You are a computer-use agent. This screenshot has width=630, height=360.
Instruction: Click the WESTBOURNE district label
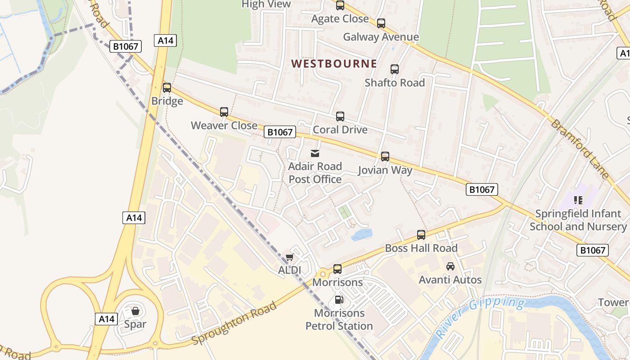tap(334, 63)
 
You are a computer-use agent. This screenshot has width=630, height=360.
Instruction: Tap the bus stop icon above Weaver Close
tap(224, 112)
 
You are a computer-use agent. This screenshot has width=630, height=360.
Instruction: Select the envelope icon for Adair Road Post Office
tap(315, 153)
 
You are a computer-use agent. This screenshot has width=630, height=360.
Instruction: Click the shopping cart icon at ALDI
tap(289, 257)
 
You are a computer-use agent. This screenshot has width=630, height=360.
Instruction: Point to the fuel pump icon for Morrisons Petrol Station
tap(339, 299)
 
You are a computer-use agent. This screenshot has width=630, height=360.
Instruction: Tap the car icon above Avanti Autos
tap(450, 266)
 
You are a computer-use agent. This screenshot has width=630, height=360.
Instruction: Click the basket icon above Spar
tap(135, 311)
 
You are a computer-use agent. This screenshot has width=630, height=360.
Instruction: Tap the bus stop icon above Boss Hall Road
tap(421, 235)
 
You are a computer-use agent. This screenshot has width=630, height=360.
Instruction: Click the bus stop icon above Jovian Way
tap(385, 157)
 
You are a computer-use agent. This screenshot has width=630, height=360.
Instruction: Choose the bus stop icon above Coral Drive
tap(340, 117)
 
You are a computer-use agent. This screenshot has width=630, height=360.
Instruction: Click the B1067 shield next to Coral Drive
tap(280, 132)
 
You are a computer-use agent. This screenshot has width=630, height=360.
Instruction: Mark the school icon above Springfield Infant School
tap(578, 200)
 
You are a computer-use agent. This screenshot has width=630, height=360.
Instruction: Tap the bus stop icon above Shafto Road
tap(395, 69)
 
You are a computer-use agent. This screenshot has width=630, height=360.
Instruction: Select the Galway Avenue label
tap(381, 37)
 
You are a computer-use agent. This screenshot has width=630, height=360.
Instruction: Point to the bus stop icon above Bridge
tap(167, 88)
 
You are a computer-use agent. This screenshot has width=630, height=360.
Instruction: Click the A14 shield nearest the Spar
tap(107, 319)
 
